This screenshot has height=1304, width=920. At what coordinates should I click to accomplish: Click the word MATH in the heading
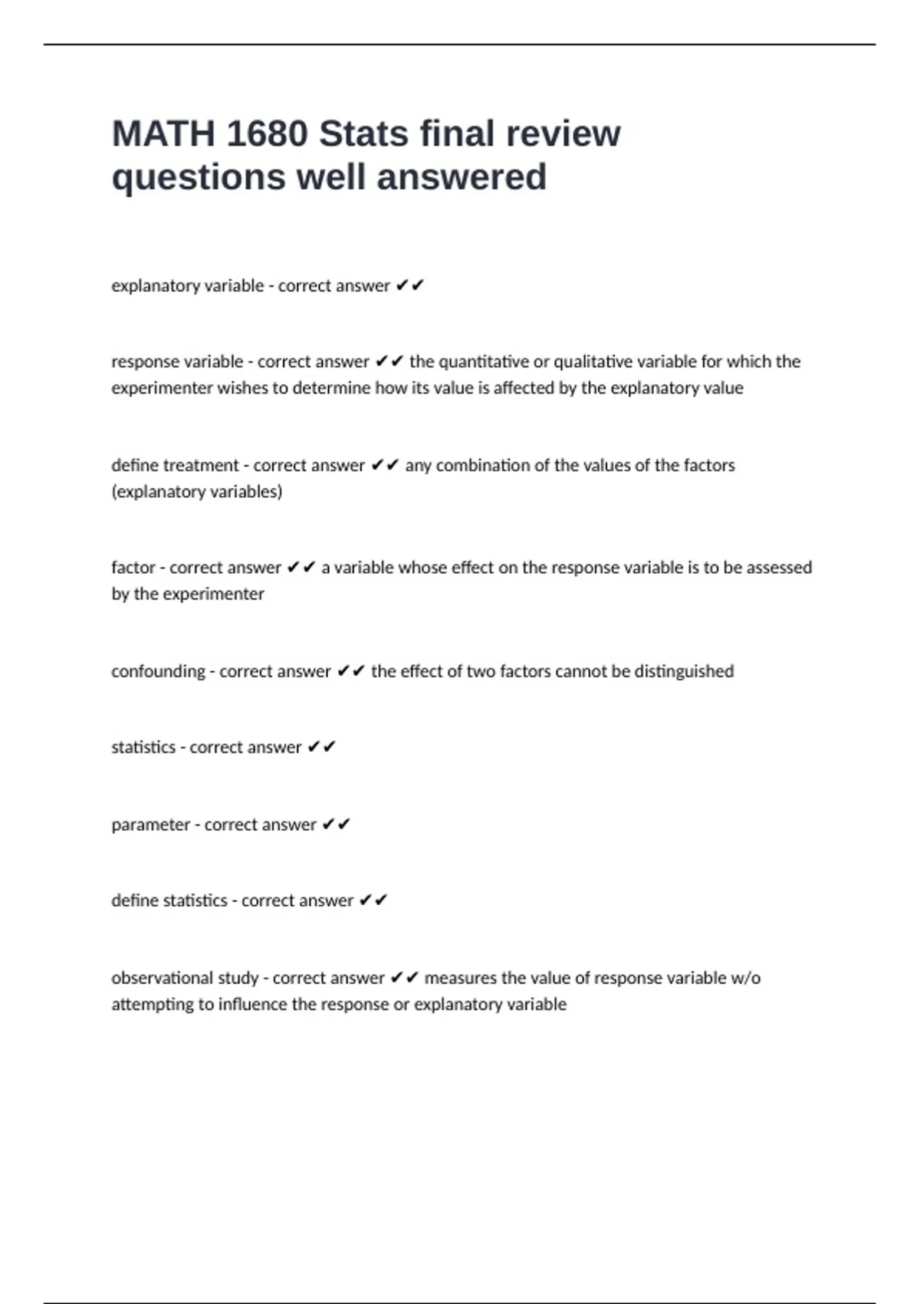coord(163,134)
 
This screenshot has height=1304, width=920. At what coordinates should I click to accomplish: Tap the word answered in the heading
coord(462,177)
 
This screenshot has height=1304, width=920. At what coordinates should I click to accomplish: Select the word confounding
coord(158,672)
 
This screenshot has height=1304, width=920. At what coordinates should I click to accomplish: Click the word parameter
coord(150,825)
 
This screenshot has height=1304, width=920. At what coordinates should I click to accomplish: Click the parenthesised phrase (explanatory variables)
coord(197,492)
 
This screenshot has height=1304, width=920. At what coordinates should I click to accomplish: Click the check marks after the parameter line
coord(336,825)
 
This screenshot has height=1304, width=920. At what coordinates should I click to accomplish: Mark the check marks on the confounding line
coord(350,672)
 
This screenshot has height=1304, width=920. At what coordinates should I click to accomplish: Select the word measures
coord(460,978)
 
